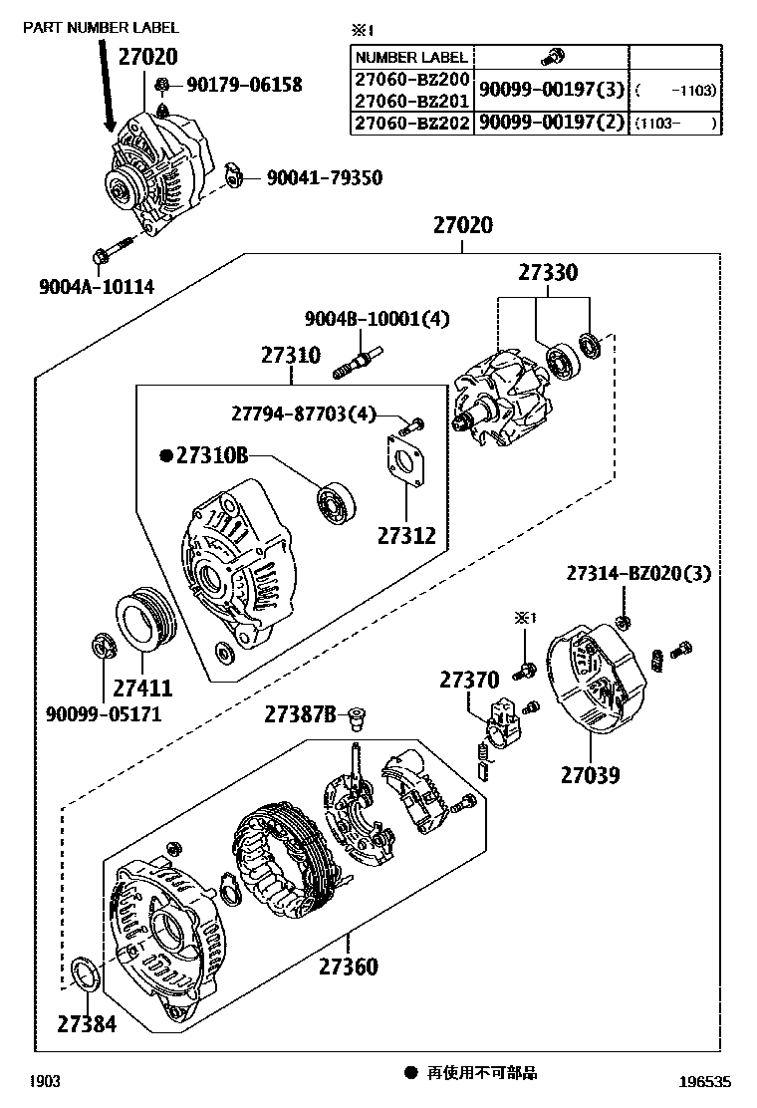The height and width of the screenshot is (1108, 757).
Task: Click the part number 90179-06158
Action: coord(242,86)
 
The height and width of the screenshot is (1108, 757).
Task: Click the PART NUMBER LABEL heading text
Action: coord(101,27)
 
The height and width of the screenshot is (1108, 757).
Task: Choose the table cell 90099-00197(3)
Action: coord(551,90)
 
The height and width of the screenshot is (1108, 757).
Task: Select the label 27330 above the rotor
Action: coord(547,273)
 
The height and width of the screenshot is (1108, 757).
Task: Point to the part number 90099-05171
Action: coord(104,713)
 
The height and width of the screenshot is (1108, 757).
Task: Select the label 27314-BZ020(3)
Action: coord(638,574)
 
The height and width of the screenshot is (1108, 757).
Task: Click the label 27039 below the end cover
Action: coord(589,774)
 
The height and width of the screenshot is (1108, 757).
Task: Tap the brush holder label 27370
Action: coord(469,680)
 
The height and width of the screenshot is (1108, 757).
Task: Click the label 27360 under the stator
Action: coord(349,965)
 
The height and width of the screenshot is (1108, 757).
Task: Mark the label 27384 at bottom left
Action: coord(86,1022)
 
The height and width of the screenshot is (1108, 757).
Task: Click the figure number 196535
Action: coord(708,1079)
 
